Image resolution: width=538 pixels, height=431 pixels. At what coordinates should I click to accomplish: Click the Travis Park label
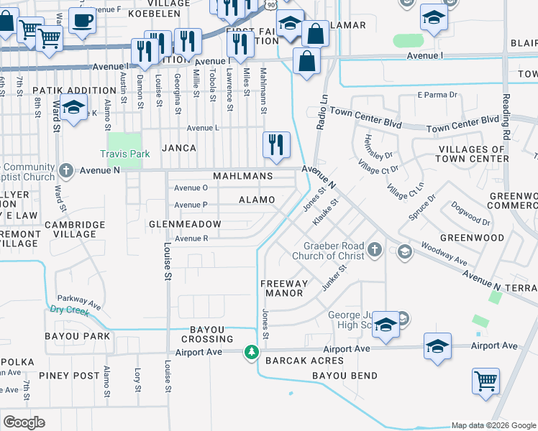tap(124, 154)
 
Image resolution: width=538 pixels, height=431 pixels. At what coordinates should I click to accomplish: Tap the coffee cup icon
tap(83, 22)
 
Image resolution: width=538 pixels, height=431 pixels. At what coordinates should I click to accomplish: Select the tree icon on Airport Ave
tap(251, 351)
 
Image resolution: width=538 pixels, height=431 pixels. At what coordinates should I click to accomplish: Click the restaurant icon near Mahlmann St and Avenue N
tap(277, 144)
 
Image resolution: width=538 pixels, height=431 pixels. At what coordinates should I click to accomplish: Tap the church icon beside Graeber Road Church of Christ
tap(374, 249)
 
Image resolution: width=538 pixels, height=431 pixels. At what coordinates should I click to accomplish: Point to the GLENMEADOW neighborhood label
tap(184, 224)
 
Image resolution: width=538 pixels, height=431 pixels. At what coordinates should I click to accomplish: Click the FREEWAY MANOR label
tap(286, 288)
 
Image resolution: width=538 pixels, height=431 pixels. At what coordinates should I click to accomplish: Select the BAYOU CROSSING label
tap(213, 334)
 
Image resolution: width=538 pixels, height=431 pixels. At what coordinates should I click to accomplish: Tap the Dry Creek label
tap(69, 311)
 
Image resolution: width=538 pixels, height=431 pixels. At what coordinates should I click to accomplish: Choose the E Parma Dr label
tap(437, 95)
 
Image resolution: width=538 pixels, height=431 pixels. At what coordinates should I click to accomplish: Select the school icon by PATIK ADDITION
tap(73, 108)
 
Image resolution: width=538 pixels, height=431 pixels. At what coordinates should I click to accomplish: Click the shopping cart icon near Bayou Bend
tap(485, 381)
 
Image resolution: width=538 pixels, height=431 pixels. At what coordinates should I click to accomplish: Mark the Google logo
tap(24, 422)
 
